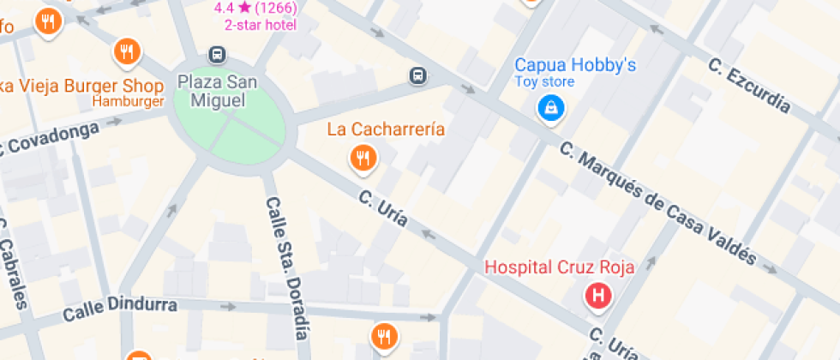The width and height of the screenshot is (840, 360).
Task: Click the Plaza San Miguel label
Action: point(212,92)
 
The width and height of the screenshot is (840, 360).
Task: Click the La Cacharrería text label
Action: point(387,129)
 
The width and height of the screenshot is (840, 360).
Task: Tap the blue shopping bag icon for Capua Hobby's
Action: point(549,108)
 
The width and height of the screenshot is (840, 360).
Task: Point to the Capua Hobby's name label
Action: point(574,65)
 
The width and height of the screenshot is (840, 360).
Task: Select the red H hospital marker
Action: point(597,297)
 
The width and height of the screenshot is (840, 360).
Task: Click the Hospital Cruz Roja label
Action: point(559,267)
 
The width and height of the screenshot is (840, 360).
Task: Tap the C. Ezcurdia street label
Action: point(748,86)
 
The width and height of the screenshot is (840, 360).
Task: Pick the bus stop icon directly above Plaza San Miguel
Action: point(218,56)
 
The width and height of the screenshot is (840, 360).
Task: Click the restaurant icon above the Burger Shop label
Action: point(127,53)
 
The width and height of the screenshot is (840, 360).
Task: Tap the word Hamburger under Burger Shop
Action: point(129,103)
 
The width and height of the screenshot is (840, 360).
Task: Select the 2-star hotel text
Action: point(261,25)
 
